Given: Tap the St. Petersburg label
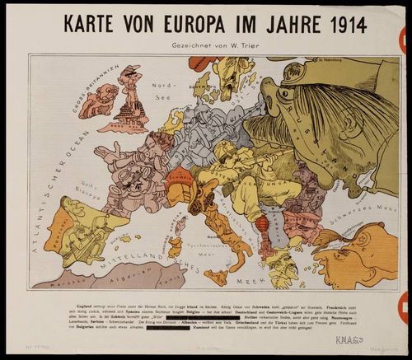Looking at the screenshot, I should (329, 59).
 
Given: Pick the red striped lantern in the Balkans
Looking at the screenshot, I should (263, 224).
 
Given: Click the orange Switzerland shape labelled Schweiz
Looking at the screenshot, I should (180, 176).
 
